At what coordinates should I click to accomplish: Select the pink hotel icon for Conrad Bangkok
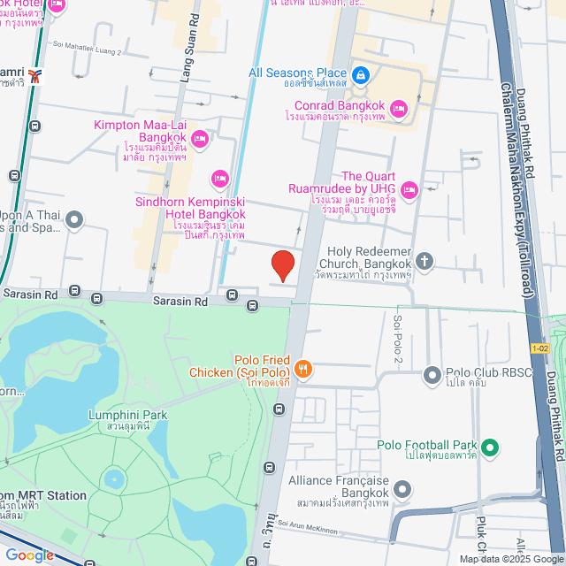(398, 109)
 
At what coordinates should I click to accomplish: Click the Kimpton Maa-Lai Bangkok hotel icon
(200, 137)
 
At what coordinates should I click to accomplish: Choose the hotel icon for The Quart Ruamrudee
(409, 188)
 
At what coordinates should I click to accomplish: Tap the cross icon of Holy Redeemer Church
(425, 261)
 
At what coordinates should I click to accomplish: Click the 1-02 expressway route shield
(541, 348)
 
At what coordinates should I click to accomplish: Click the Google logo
(28, 555)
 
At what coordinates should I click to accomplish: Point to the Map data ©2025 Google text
(511, 559)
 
